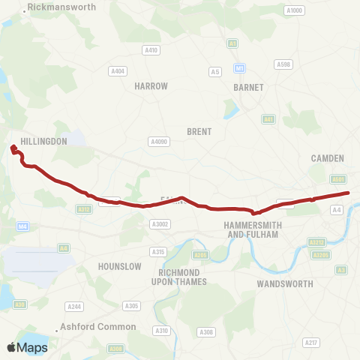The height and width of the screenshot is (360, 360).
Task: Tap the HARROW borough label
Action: (151, 86)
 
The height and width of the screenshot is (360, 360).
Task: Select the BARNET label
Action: (248, 87)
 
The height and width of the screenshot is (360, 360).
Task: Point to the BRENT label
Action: (199, 131)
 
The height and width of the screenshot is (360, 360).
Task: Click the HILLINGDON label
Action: (44, 141)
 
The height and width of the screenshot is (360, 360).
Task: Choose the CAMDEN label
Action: (327, 158)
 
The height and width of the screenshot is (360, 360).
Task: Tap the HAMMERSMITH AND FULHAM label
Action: (252, 229)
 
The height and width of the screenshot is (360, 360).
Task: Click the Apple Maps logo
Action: (26, 347)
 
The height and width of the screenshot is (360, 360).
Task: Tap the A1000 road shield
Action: (294, 10)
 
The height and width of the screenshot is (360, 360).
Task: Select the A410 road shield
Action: (151, 50)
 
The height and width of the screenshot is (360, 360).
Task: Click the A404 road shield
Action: (118, 71)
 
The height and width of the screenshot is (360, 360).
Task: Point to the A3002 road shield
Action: (160, 223)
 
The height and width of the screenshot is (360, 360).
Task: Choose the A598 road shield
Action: (283, 64)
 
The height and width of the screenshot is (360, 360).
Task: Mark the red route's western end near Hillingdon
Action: (13, 148)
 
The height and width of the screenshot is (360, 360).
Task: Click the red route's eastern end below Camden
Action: (348, 193)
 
